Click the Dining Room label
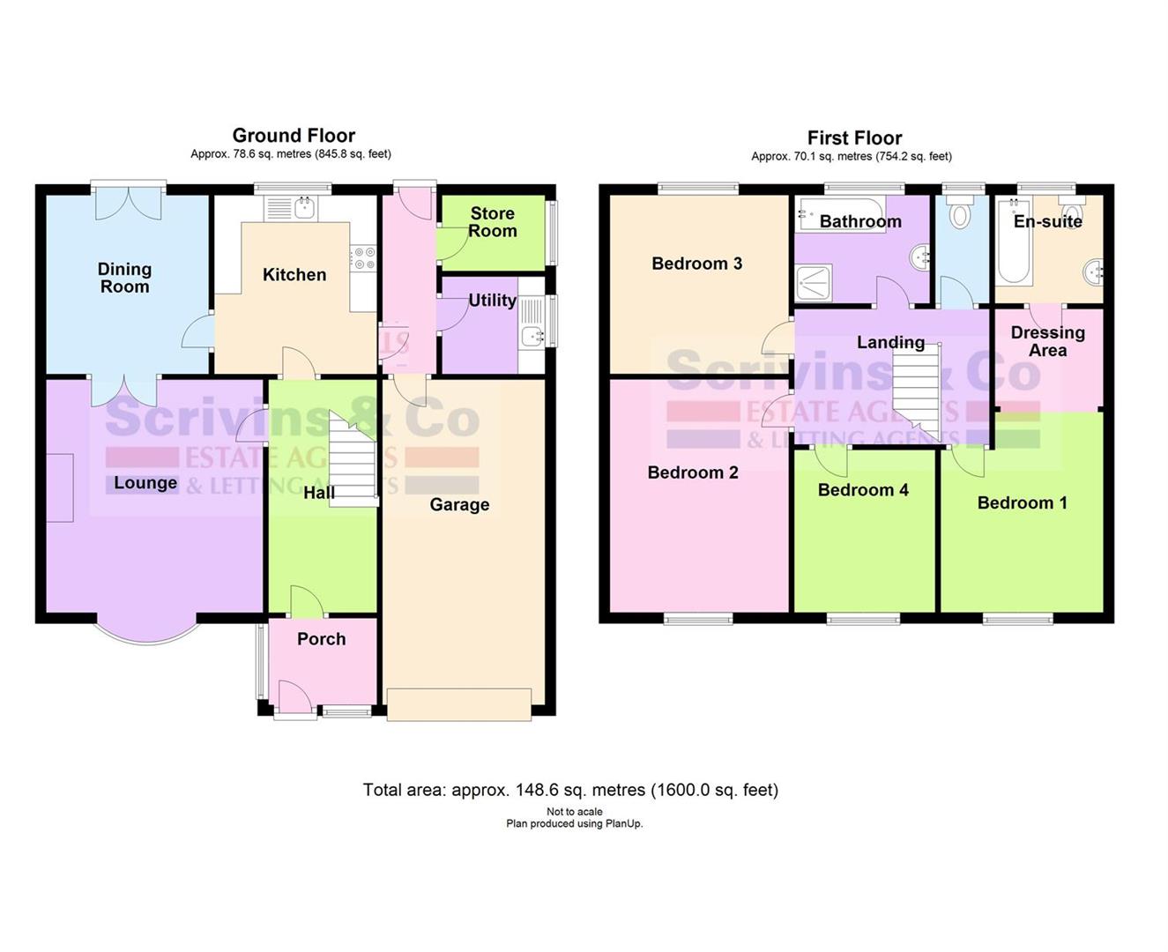coord(124,278)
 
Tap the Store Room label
coord(492,222)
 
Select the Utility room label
coord(492,301)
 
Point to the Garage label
coord(459,504)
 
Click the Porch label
coord(321,639)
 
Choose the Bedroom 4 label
coord(863,490)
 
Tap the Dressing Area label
coord(1047,341)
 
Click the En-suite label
coord(1047,221)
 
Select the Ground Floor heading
coord(294,136)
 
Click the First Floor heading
coord(854,138)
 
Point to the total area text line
coord(570,790)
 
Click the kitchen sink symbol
coord(304,209)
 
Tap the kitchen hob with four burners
coord(364,257)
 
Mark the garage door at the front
coord(458,704)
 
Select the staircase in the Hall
coord(352,458)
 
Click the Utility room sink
coord(532,336)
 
